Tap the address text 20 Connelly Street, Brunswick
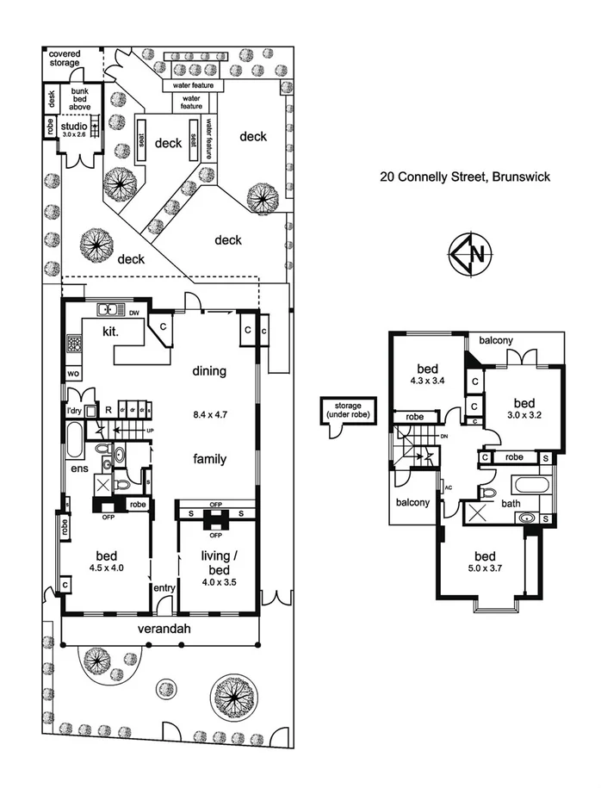click(x=466, y=177)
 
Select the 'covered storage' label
click(x=65, y=58)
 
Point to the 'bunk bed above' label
click(x=80, y=100)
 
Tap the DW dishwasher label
click(x=133, y=312)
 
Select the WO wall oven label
click(x=72, y=375)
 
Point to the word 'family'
click(x=209, y=459)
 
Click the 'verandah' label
click(x=164, y=629)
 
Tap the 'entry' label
click(x=164, y=588)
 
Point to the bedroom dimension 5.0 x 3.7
click(x=481, y=568)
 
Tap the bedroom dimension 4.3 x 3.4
click(x=427, y=375)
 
